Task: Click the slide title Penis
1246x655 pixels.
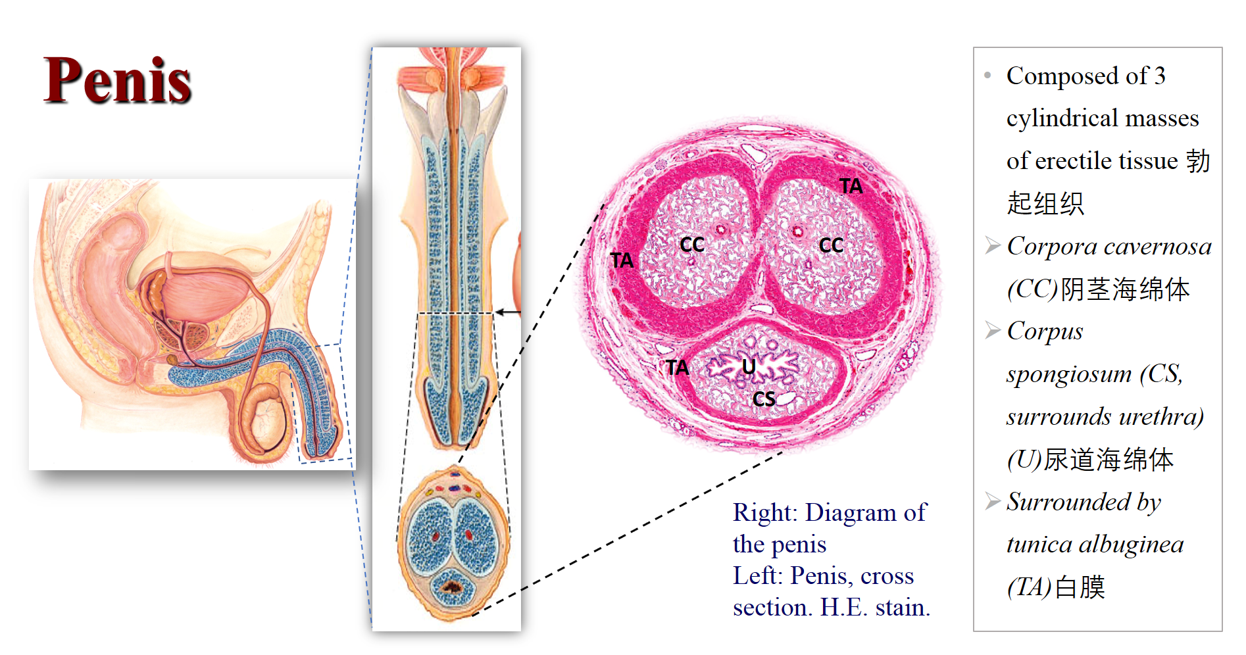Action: point(117,80)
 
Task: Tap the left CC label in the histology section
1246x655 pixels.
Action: point(692,245)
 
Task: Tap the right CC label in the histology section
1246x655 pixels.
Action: point(832,245)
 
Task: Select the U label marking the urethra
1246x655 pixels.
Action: point(749,366)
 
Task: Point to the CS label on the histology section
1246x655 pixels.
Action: point(764,399)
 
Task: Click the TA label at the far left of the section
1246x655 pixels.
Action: point(622,260)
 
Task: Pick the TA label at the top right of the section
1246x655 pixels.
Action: point(851,186)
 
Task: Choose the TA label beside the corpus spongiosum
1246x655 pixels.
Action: point(677,367)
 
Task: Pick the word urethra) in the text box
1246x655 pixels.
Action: point(1160,417)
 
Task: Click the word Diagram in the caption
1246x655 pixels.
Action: point(851,512)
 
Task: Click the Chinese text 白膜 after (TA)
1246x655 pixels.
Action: point(1080,587)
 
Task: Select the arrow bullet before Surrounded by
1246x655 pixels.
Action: point(993,502)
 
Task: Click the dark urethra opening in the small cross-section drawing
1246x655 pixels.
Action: point(453,585)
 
